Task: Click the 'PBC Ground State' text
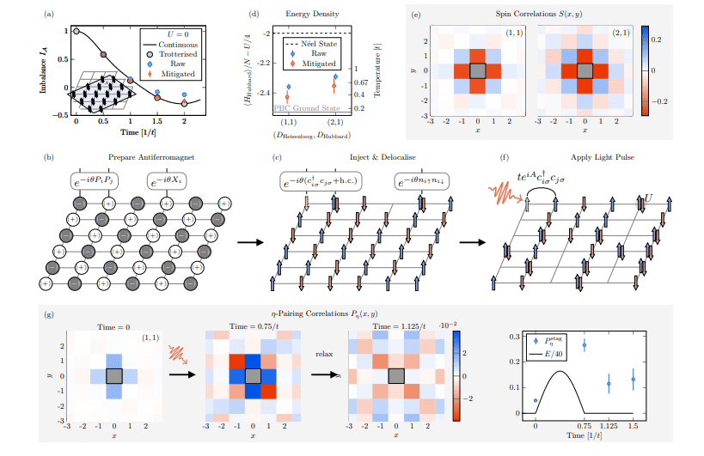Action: pos(303,109)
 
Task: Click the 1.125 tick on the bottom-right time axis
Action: pos(609,425)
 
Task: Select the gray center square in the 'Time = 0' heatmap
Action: pos(113,374)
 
